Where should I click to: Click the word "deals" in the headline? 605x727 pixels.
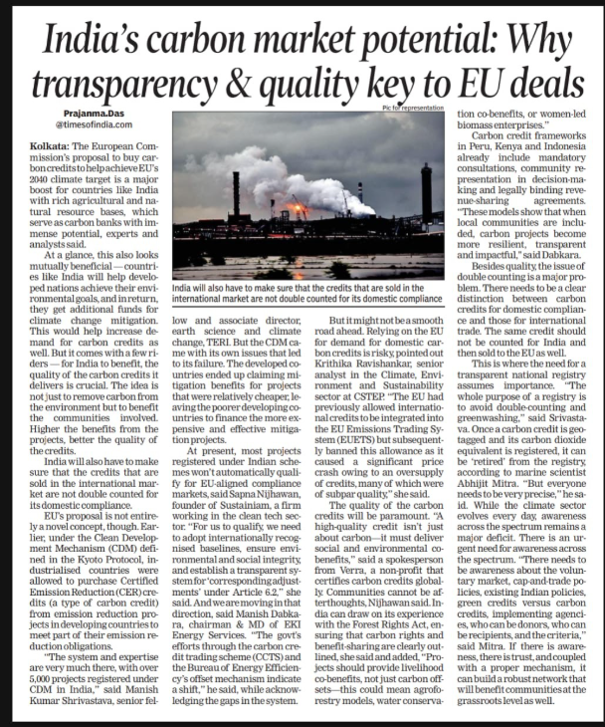(x=542, y=79)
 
